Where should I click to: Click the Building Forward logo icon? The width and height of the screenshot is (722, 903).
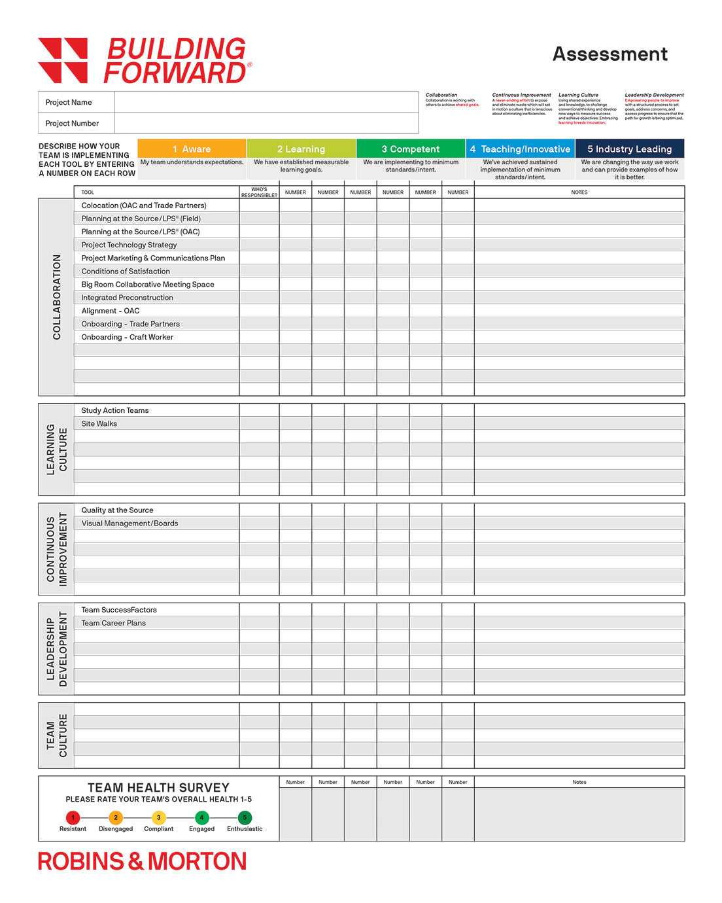[63, 60]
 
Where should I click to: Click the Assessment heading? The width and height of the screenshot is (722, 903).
[610, 54]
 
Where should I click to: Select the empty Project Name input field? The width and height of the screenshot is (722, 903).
[266, 102]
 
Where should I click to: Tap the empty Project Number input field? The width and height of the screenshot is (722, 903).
[266, 123]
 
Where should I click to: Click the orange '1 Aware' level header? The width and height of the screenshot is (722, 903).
[192, 149]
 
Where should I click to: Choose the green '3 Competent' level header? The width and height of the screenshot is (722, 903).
[411, 149]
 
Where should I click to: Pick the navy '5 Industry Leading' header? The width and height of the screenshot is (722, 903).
[629, 149]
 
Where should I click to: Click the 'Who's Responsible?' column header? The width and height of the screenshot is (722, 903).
[259, 192]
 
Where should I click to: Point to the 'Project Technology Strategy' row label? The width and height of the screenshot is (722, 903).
[129, 245]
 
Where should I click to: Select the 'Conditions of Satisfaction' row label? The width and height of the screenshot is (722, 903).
[126, 271]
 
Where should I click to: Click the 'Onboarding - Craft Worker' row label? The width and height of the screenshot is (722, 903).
[127, 337]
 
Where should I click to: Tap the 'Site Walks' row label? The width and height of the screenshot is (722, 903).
[99, 423]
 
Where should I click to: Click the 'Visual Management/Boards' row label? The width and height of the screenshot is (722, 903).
[129, 523]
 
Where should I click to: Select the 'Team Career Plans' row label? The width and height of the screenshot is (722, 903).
[113, 623]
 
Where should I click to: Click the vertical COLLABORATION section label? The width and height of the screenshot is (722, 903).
[56, 297]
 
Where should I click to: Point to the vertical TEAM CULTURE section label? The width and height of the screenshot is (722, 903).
[56, 735]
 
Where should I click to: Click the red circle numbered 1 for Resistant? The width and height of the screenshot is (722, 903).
[73, 817]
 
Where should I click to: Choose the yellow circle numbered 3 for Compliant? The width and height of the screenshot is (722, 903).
[158, 817]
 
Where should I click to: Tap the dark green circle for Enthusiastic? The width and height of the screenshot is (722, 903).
[245, 817]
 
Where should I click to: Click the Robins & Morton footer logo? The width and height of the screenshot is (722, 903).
[142, 861]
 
